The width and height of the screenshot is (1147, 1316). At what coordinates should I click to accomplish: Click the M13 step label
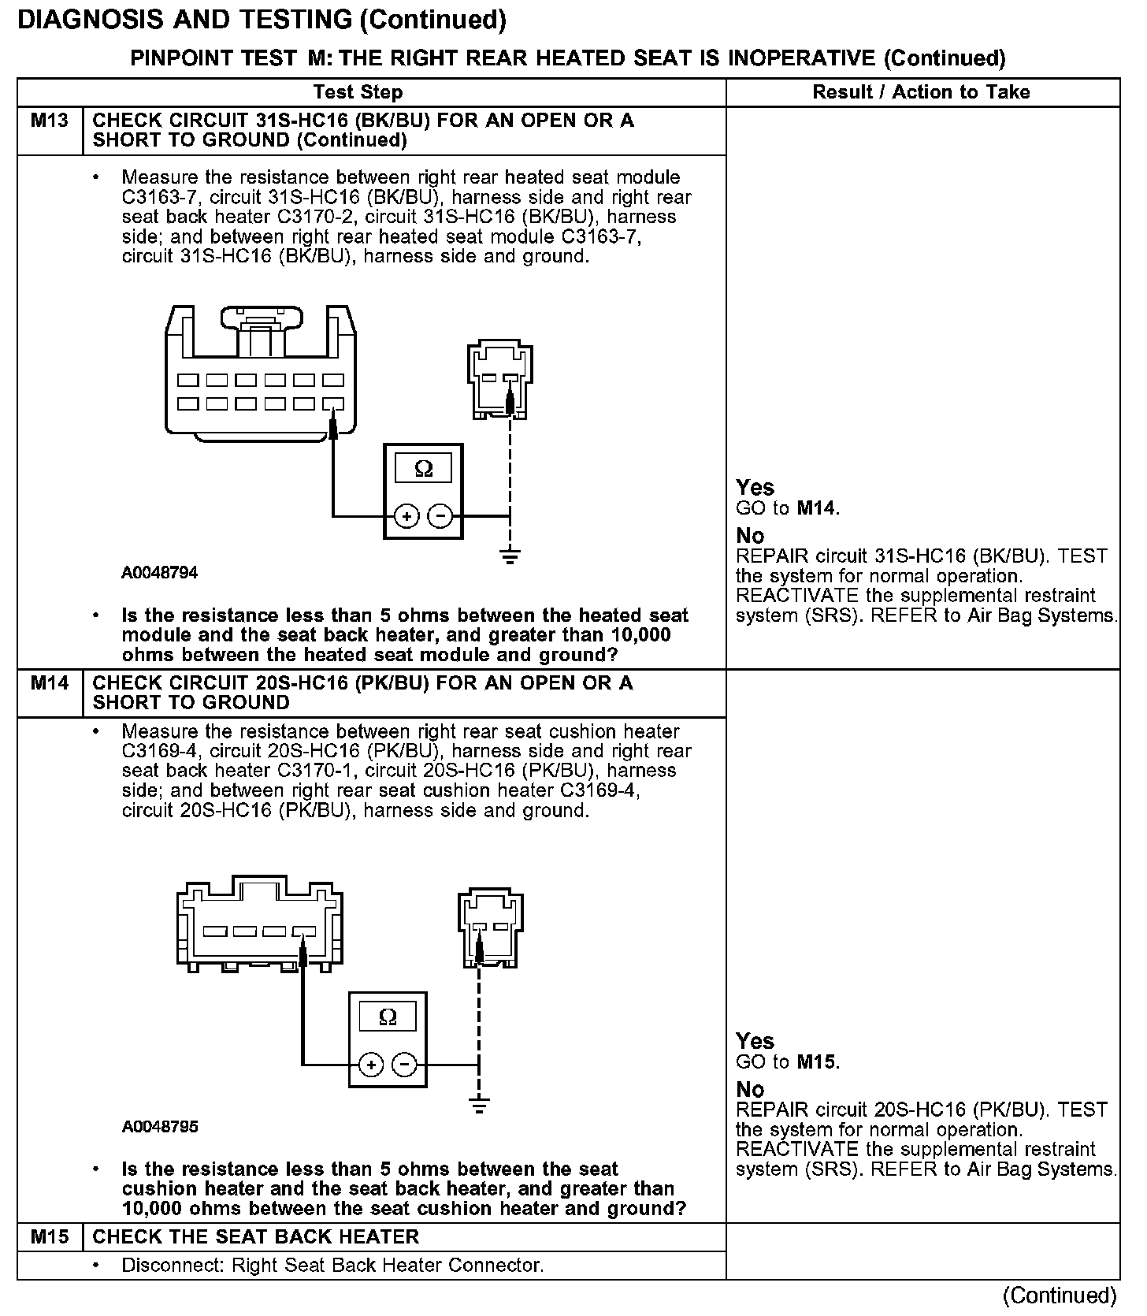click(49, 121)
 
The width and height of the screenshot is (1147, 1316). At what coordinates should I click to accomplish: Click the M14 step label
click(49, 682)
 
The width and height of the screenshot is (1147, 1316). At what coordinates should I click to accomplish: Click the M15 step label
click(49, 1236)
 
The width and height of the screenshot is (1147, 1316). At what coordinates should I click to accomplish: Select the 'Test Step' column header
click(358, 92)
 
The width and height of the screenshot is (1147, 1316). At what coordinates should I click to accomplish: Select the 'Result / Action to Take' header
click(921, 92)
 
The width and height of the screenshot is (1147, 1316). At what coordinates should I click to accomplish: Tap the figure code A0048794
click(159, 573)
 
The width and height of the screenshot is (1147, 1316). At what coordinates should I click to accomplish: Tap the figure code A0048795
click(159, 1127)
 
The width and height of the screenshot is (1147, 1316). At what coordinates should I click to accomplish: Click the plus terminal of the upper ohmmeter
click(406, 517)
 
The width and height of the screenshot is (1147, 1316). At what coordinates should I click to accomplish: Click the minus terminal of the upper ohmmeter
click(440, 517)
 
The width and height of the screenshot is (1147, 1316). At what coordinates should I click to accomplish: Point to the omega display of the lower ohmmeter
click(388, 1017)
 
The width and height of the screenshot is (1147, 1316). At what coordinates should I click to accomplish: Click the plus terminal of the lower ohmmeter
click(371, 1065)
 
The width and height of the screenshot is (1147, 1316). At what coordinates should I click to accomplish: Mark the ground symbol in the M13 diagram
click(510, 557)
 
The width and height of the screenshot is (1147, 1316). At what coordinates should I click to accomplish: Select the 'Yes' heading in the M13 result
click(755, 487)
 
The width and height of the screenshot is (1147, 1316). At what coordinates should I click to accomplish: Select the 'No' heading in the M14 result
click(750, 1089)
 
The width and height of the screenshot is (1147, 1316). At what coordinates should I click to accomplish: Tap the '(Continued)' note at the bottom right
click(1060, 1295)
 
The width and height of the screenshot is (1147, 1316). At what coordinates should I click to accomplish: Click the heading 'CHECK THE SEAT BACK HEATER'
click(256, 1236)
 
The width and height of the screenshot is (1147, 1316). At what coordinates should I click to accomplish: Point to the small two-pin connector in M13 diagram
click(499, 380)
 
